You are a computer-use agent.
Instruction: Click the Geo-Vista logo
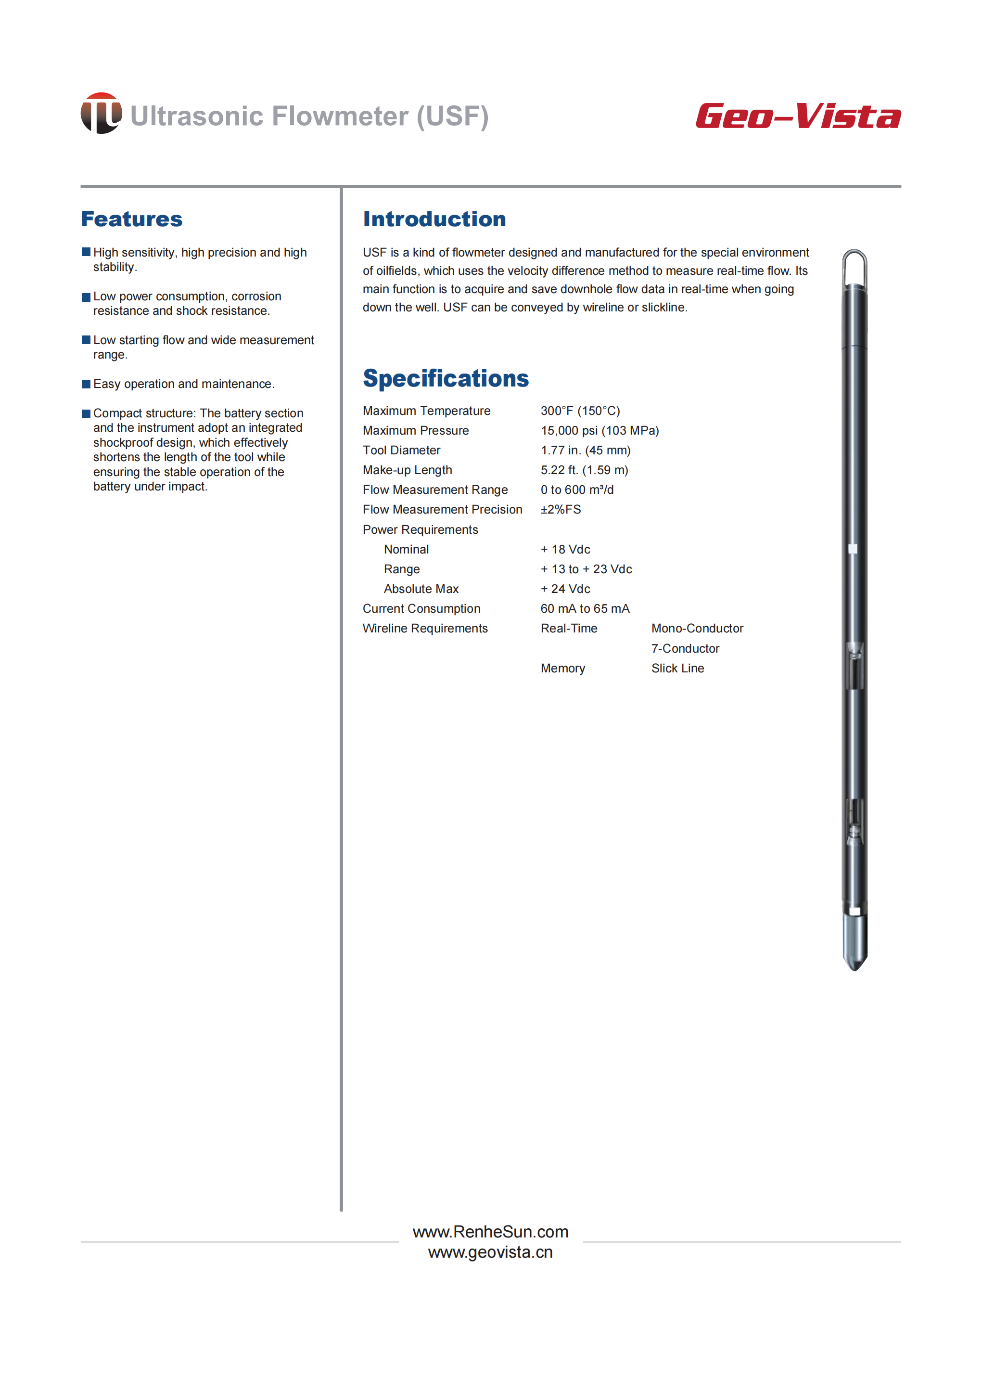tap(798, 116)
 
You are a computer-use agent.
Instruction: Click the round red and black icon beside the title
tap(101, 113)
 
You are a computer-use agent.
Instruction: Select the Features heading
tap(132, 219)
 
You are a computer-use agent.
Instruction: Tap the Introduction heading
tap(434, 219)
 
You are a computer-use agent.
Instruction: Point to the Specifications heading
tap(446, 379)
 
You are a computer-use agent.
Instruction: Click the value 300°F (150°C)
tap(580, 411)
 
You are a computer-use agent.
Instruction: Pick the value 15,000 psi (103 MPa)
tap(599, 431)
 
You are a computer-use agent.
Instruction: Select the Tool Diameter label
tap(401, 450)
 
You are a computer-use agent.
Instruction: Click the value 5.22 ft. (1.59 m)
tap(584, 470)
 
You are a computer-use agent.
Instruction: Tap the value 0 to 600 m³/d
tap(577, 490)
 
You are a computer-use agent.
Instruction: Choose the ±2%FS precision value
tap(561, 509)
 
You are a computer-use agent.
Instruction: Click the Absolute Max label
tap(421, 589)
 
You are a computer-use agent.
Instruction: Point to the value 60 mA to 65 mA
tap(585, 608)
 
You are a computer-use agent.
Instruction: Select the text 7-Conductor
tap(685, 648)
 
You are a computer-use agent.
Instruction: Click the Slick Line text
tap(677, 669)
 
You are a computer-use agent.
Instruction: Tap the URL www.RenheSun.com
tap(490, 1232)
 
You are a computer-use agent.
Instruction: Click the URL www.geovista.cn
tap(490, 1252)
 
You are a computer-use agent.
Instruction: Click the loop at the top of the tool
tap(854, 266)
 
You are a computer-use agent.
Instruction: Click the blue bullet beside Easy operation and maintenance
tap(86, 384)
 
